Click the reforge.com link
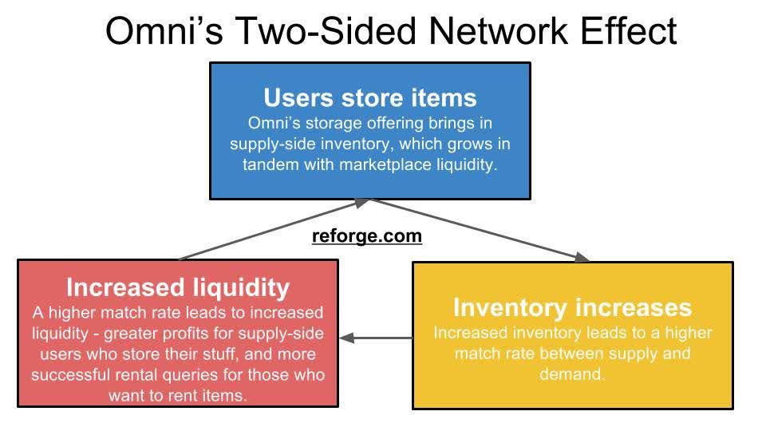tap(366, 237)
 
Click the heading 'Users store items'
tap(370, 98)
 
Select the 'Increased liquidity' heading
tap(177, 287)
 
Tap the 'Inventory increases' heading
tap(572, 307)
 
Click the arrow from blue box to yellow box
tap(479, 230)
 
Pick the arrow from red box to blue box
tap(271, 230)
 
